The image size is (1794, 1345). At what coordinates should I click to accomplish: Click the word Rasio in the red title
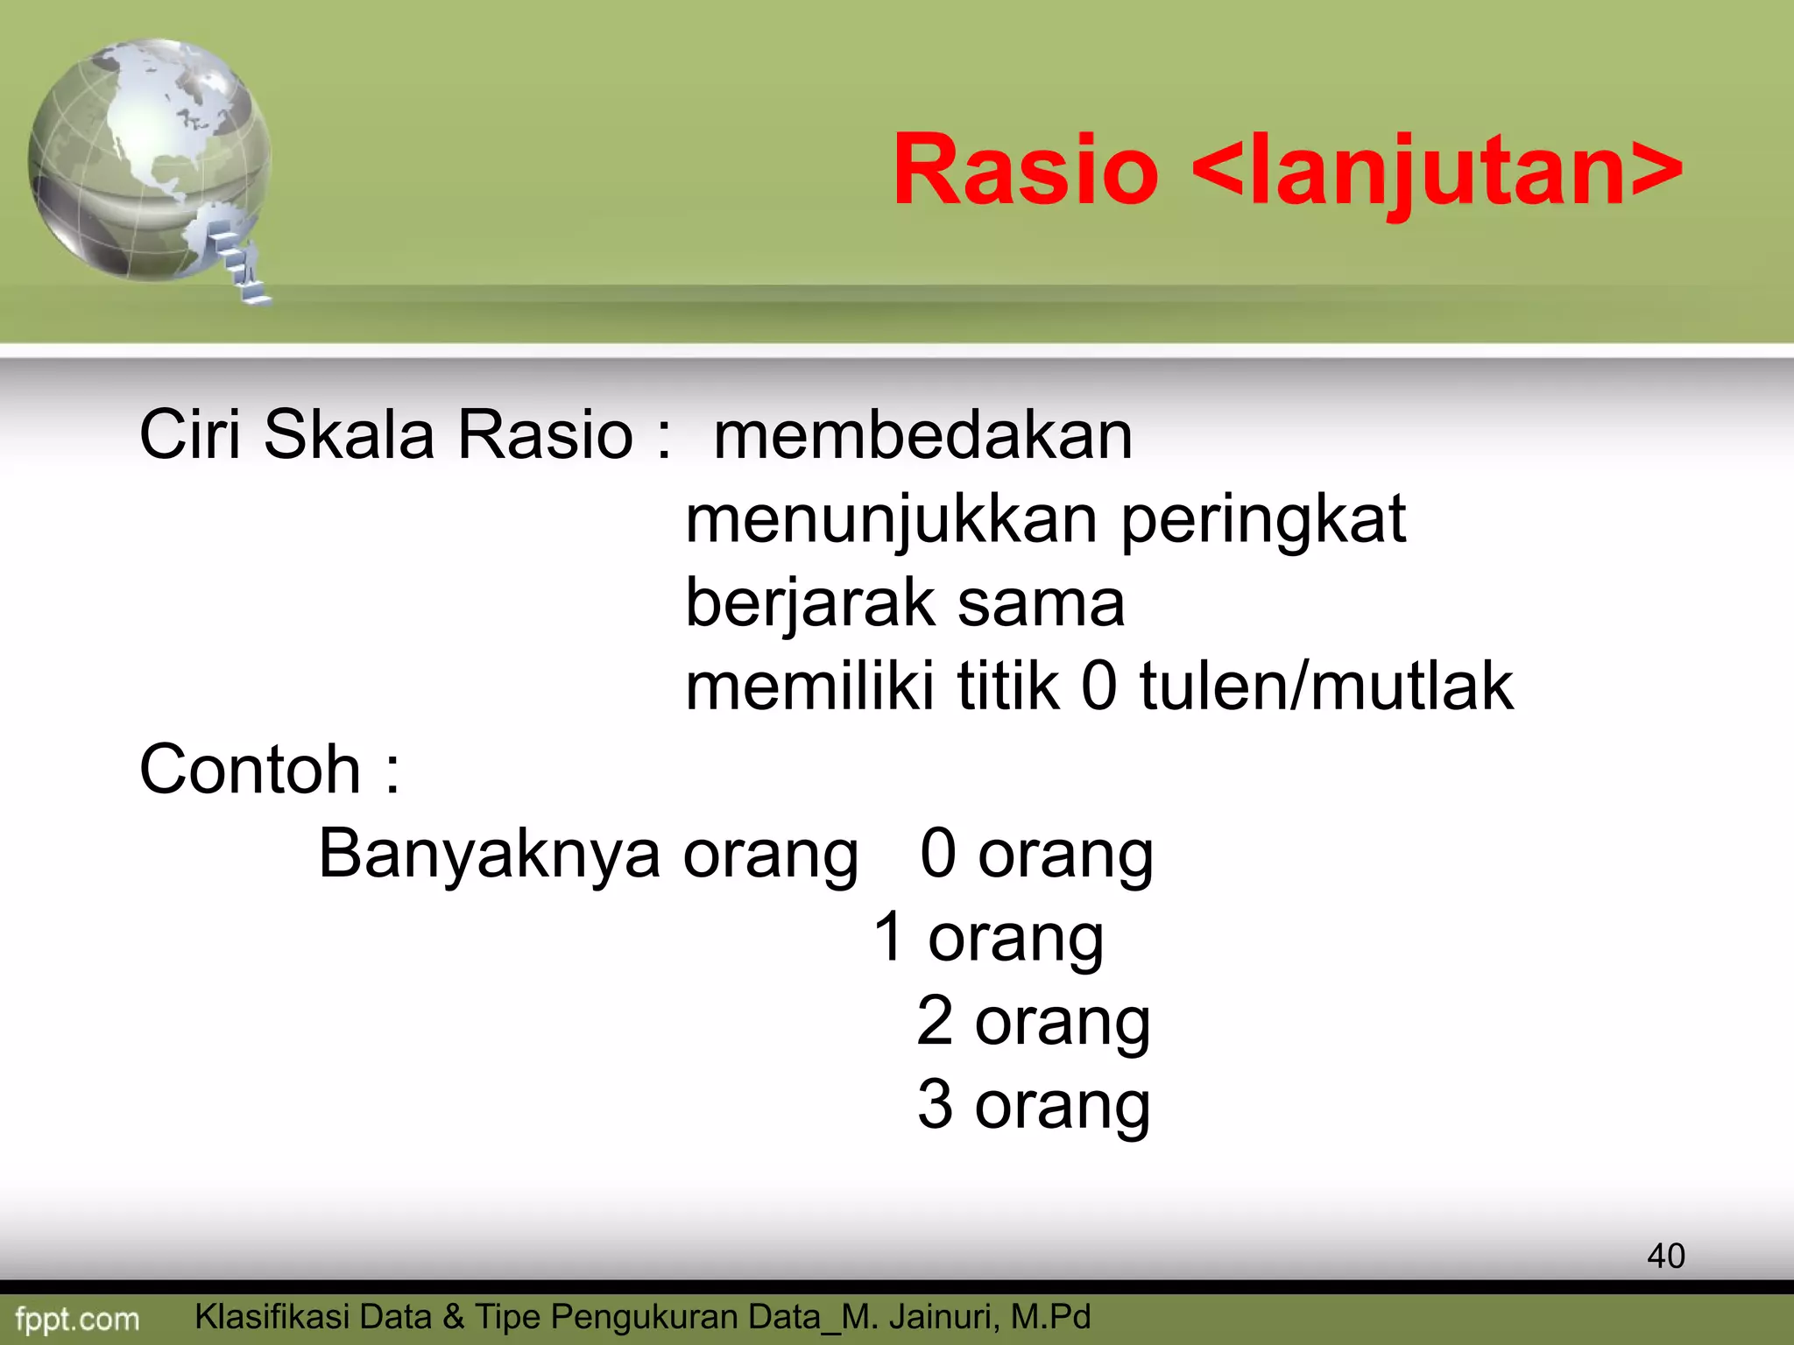[x=1026, y=170]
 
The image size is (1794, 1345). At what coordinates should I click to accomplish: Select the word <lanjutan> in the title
[x=1437, y=170]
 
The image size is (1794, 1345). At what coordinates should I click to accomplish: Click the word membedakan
[x=922, y=435]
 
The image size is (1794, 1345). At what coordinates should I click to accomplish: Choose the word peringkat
[x=1263, y=520]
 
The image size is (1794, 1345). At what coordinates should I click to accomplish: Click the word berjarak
[x=810, y=604]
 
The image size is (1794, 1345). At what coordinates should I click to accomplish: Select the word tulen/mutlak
[x=1326, y=686]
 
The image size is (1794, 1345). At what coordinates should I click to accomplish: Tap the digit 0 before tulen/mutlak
[x=1099, y=686]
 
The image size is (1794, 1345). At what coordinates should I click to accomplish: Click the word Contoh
[x=251, y=769]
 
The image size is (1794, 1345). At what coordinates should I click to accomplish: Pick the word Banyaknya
[x=489, y=854]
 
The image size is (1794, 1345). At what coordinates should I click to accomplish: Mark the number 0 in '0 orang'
[x=938, y=854]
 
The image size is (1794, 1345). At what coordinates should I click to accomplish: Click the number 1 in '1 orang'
[x=889, y=937]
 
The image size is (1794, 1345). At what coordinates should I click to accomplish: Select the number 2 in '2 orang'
[x=935, y=1021]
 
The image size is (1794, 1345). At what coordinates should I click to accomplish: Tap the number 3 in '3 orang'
[x=935, y=1105]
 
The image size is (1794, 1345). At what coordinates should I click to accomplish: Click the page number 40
[x=1665, y=1256]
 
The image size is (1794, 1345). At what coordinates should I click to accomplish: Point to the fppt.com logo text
[x=77, y=1319]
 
